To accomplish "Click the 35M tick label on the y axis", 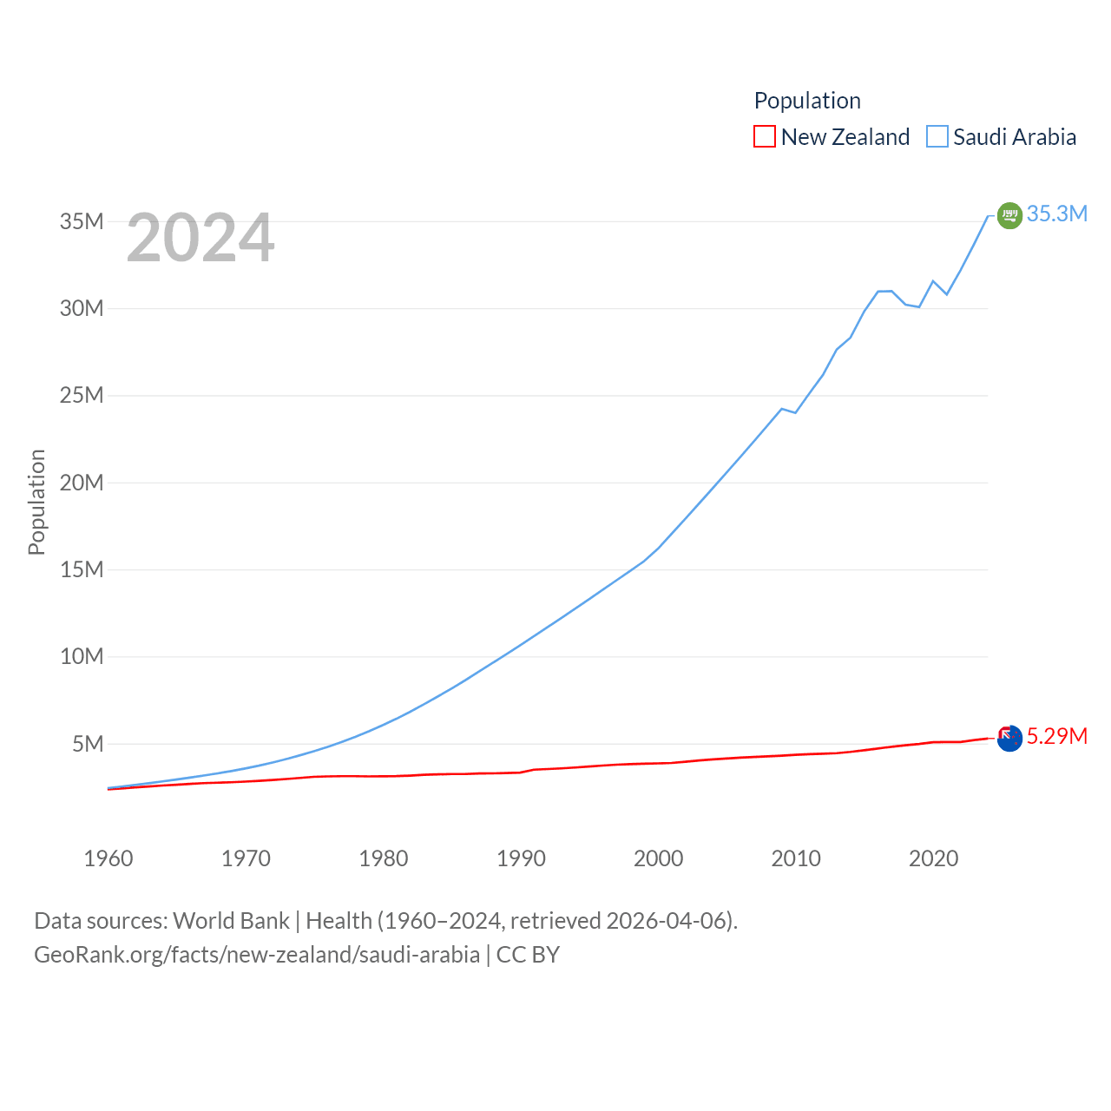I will [82, 221].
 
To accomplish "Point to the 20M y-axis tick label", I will [82, 483].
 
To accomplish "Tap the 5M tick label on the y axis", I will [88, 744].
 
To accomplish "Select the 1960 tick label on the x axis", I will [108, 858].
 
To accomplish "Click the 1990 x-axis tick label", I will [521, 858].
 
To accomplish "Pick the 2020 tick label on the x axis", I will [934, 858].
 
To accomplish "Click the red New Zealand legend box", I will [765, 136].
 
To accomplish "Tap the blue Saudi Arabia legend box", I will [937, 136].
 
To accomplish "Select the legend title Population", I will [807, 101].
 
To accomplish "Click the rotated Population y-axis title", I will [36, 502].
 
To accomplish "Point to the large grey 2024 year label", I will [201, 238].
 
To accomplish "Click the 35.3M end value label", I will [1056, 214].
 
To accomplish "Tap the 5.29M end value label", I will [1056, 736].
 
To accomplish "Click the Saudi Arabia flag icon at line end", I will [1009, 215].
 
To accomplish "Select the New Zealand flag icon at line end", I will [1009, 738].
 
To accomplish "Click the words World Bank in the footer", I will [231, 920].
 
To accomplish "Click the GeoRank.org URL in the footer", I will [257, 955].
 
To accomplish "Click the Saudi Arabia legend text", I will [1015, 136].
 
